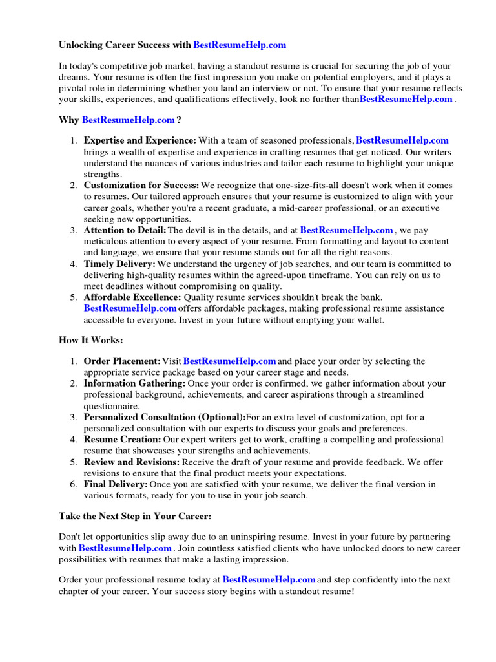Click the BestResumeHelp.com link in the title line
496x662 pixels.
click(239, 45)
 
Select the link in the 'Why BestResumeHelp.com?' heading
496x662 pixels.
click(129, 120)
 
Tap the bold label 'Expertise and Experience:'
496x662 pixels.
click(140, 140)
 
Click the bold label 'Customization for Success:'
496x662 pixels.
click(141, 186)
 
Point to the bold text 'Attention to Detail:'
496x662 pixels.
click(125, 230)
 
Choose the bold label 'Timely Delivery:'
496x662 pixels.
click(119, 264)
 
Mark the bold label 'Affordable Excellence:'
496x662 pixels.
click(133, 297)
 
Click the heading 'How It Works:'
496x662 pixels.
click(90, 340)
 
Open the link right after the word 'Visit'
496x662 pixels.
click(230, 361)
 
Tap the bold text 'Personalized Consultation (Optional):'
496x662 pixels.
click(165, 418)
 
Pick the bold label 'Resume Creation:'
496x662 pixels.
click(122, 440)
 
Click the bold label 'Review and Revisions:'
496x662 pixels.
click(132, 462)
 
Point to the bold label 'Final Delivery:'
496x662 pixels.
click(116, 484)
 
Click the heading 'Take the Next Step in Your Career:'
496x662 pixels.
click(135, 517)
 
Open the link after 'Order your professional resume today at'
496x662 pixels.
click(269, 580)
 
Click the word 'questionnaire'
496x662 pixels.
click(111, 407)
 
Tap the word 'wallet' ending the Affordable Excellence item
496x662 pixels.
click(369, 320)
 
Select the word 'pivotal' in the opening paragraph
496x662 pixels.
click(74, 89)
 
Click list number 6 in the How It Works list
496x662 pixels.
click(74, 484)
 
